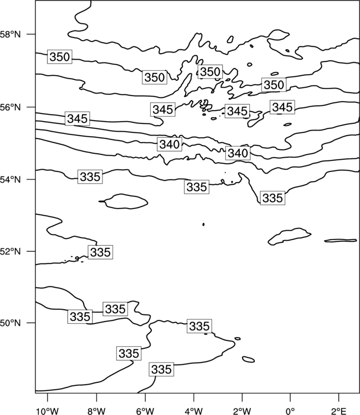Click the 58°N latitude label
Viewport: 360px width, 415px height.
[x=10, y=34]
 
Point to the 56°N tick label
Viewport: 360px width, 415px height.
[x=10, y=107]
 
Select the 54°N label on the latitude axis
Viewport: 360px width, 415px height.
[x=10, y=180]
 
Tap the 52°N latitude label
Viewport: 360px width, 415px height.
[x=10, y=251]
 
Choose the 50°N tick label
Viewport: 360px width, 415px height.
[x=10, y=323]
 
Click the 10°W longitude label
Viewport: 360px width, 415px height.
[x=48, y=411]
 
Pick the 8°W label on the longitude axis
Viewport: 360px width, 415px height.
[x=96, y=411]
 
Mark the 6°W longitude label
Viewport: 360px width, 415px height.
[x=145, y=411]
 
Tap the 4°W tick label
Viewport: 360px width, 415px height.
[x=194, y=411]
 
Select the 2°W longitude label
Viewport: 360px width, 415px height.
[x=242, y=411]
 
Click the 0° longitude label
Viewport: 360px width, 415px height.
[x=290, y=411]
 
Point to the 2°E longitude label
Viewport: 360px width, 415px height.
[x=339, y=411]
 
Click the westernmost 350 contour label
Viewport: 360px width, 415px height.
[x=60, y=56]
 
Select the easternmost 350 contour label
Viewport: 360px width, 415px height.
[x=274, y=85]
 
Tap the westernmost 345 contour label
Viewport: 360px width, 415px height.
[x=78, y=118]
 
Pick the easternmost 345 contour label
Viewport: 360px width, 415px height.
[x=282, y=107]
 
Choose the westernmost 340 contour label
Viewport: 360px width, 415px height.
[x=169, y=144]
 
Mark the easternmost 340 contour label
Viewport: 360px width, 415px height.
[x=238, y=153]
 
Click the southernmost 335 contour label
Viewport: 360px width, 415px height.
[x=161, y=369]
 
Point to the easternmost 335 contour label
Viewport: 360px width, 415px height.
[x=272, y=198]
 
